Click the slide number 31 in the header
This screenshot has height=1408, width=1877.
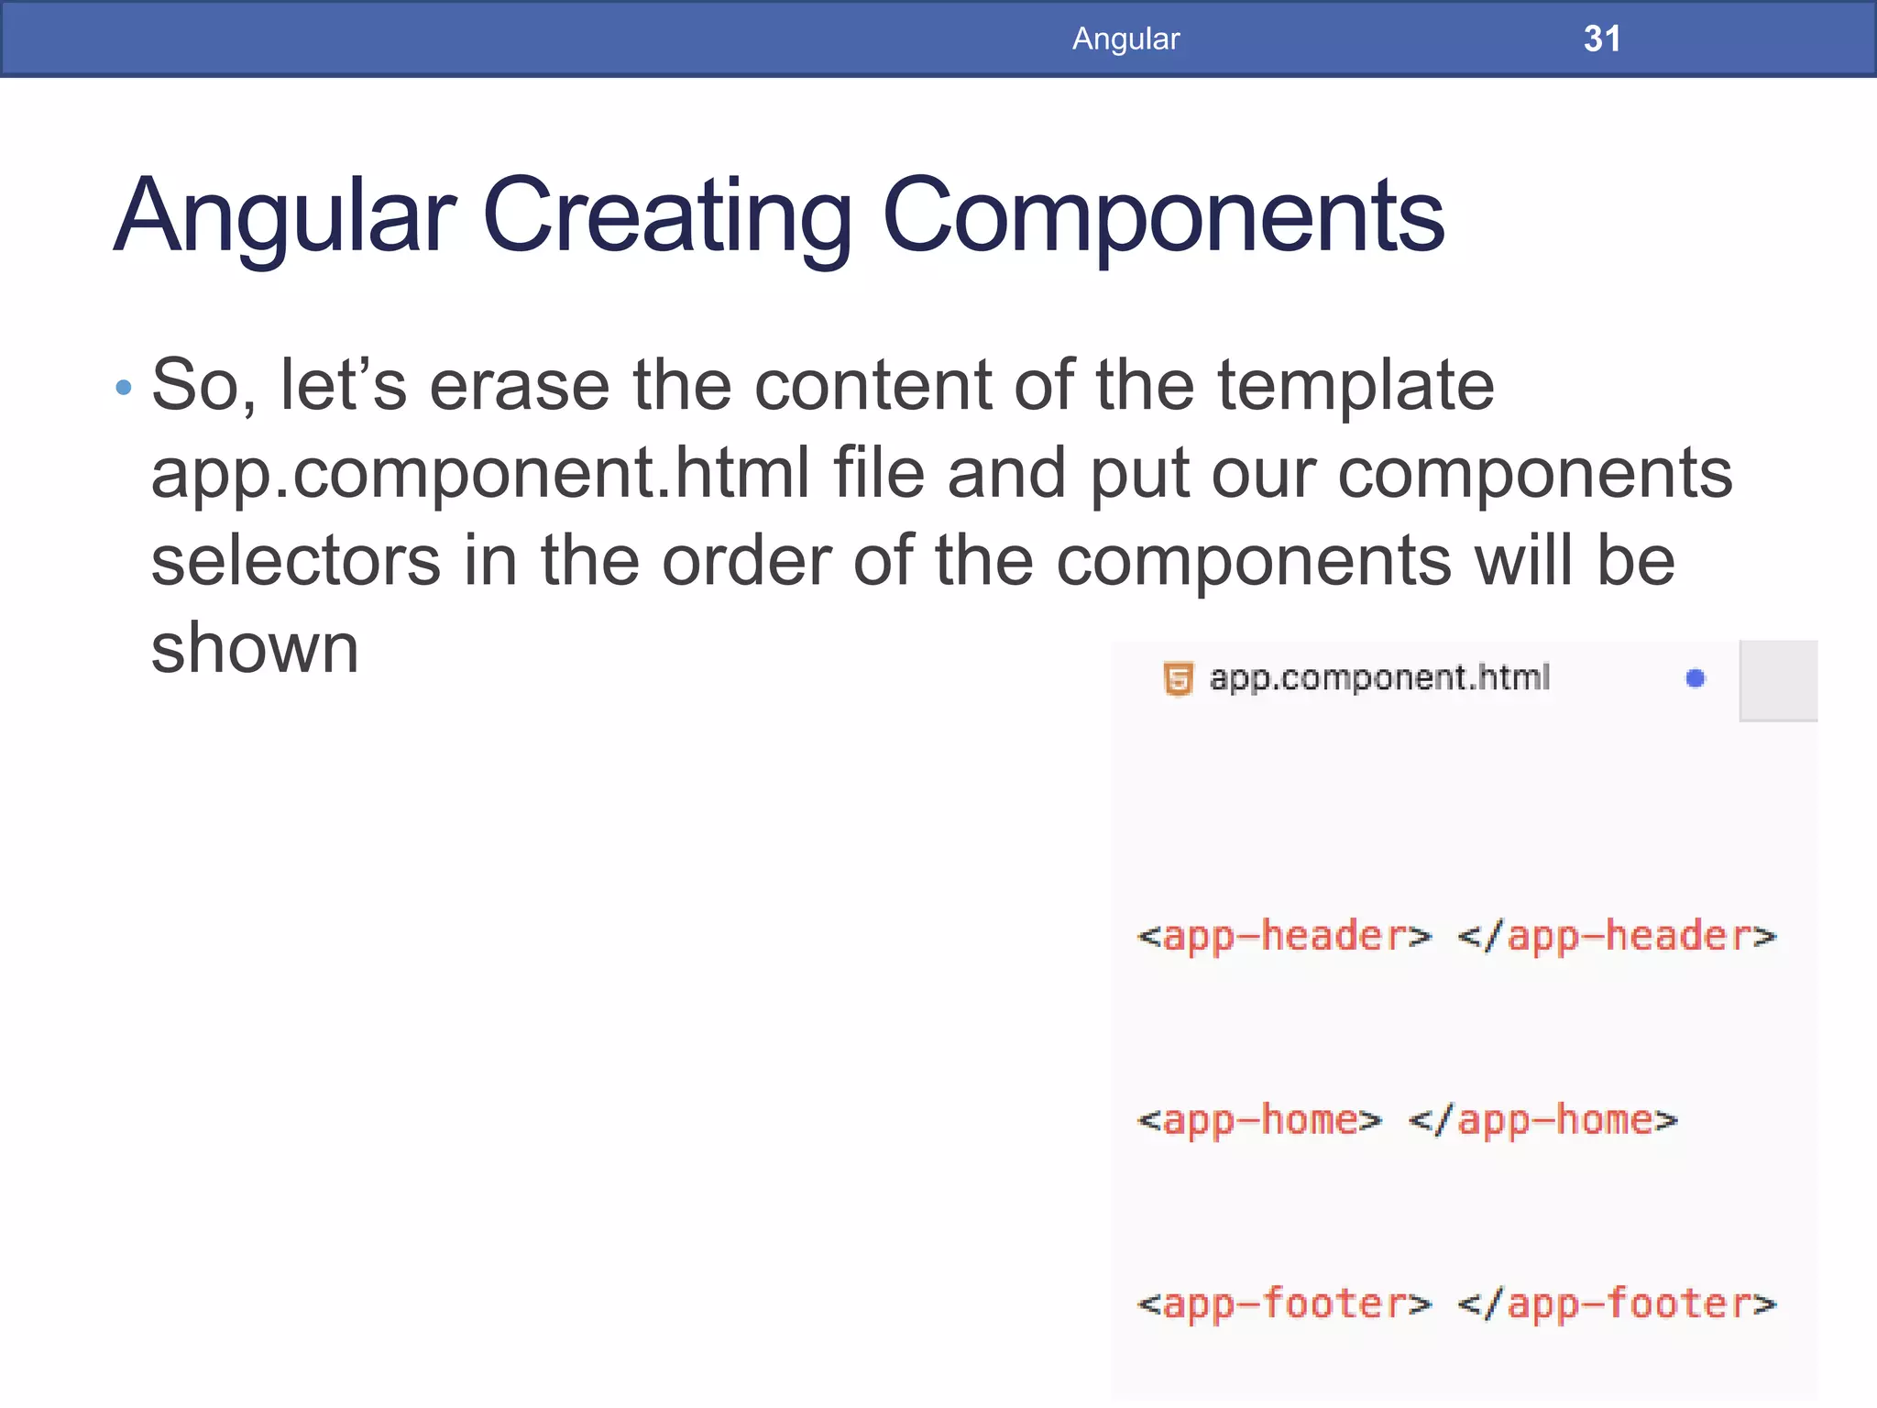click(x=1601, y=38)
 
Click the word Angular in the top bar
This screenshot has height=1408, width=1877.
click(x=1125, y=38)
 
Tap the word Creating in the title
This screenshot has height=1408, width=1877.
click(x=666, y=216)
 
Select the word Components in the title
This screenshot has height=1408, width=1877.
click(x=1162, y=216)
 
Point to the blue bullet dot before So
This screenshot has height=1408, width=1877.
click(x=124, y=388)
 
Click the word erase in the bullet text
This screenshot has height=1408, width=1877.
click(x=520, y=385)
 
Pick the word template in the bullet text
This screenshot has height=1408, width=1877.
click(x=1356, y=385)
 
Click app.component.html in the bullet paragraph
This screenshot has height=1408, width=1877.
click(x=480, y=473)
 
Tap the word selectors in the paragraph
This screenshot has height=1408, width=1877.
click(x=295, y=561)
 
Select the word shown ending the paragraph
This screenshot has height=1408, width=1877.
click(x=255, y=649)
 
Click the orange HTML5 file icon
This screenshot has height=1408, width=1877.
click(x=1178, y=679)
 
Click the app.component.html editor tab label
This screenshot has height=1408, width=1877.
click(x=1378, y=678)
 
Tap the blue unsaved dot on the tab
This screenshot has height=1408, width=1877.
click(x=1695, y=678)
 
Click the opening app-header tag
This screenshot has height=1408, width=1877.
click(x=1283, y=937)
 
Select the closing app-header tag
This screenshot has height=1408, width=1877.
click(x=1617, y=937)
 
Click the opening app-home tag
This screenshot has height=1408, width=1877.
click(x=1258, y=1120)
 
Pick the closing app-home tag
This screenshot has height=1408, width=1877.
click(x=1542, y=1120)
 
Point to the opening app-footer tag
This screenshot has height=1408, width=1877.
click(x=1283, y=1303)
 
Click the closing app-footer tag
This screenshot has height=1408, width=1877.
click(x=1617, y=1303)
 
